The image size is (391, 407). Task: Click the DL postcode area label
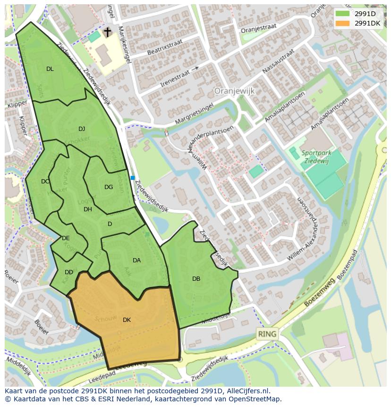coord(50,69)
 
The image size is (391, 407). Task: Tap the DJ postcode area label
coord(82,129)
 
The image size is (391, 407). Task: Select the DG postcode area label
coord(109,187)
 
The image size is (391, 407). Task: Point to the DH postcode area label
coord(88,209)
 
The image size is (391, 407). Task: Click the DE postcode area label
coord(66,238)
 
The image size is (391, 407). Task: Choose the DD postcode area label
coord(69,272)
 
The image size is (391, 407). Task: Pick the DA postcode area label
coord(136,260)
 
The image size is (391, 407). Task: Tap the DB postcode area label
coord(196,279)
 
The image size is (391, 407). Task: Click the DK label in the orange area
coord(127,320)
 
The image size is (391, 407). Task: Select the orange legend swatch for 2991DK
coord(342,23)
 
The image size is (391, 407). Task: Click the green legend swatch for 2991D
coord(342,14)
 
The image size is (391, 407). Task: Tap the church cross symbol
coord(107,32)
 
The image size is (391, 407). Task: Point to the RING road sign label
coord(267,334)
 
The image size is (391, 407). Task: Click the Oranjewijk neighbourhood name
coord(234,90)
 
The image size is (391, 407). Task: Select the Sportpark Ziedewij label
coord(317,156)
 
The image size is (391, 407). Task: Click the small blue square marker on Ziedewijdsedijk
coord(133,178)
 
